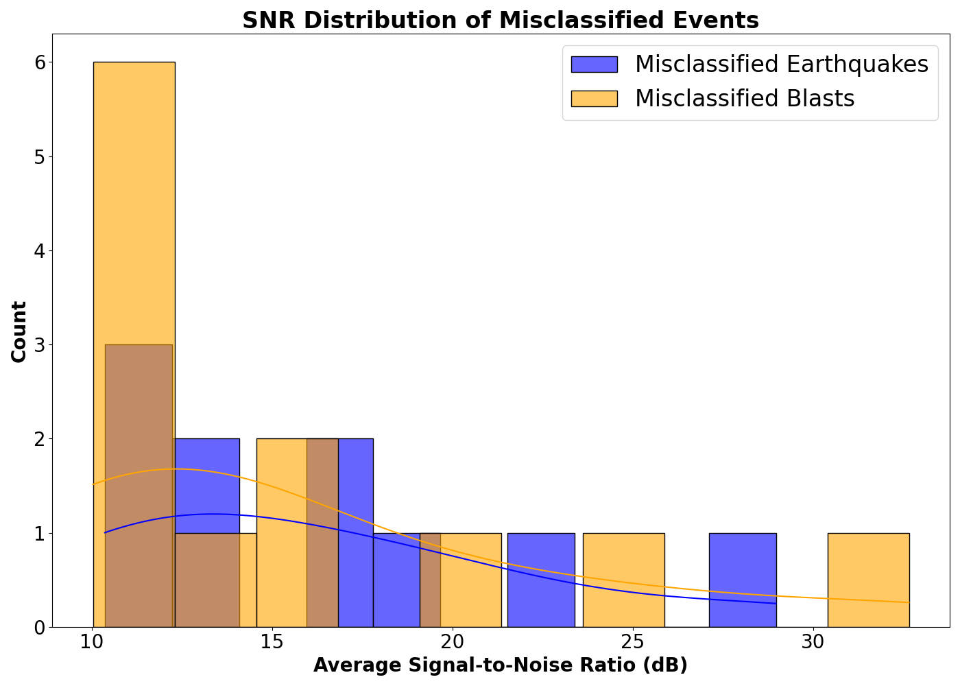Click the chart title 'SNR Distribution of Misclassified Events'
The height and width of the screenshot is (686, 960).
[x=500, y=21]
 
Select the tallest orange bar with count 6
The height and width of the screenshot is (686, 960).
[x=134, y=206]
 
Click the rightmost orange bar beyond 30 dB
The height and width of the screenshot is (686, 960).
[x=868, y=580]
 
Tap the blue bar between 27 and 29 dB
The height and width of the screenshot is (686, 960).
[x=742, y=580]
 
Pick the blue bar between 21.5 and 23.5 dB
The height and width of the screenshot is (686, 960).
[x=541, y=580]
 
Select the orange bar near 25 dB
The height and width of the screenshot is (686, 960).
[x=623, y=580]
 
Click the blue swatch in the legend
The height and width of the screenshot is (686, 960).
[x=594, y=64]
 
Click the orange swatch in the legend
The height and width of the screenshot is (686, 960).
[x=594, y=99]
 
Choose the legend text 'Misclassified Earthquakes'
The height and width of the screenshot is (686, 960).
[x=781, y=64]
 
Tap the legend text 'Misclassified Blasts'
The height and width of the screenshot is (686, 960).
[x=745, y=99]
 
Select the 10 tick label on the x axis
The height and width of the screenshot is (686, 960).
[x=92, y=643]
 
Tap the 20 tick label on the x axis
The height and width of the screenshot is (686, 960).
[x=453, y=643]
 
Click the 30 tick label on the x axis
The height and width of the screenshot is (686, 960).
[x=813, y=643]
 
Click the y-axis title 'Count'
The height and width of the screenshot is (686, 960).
[x=19, y=331]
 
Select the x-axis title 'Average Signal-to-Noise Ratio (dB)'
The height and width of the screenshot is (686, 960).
[x=500, y=665]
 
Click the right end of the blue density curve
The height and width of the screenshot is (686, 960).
[x=776, y=603]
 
